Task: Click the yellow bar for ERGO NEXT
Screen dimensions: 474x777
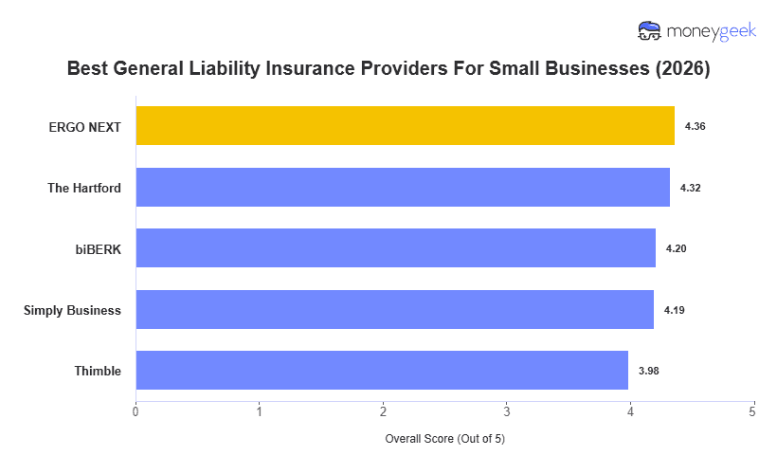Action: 405,126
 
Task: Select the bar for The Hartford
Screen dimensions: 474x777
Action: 403,188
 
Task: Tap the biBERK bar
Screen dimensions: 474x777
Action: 395,248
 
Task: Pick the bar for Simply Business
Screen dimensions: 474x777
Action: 394,310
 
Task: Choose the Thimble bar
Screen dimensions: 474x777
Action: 382,371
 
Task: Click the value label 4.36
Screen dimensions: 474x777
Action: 695,126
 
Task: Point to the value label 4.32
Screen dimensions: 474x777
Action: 690,188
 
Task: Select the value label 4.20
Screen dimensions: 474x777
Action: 676,248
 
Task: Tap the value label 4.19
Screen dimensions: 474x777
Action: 674,310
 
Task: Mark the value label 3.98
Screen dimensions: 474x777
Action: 648,371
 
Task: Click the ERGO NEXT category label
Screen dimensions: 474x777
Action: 85,126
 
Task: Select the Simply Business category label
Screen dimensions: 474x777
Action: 72,310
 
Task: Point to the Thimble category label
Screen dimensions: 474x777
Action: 98,371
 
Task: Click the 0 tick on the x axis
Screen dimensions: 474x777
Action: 136,411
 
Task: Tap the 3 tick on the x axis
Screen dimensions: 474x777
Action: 506,411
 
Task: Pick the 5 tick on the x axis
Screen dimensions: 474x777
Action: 752,411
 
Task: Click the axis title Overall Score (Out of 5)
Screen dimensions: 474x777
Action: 444,440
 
